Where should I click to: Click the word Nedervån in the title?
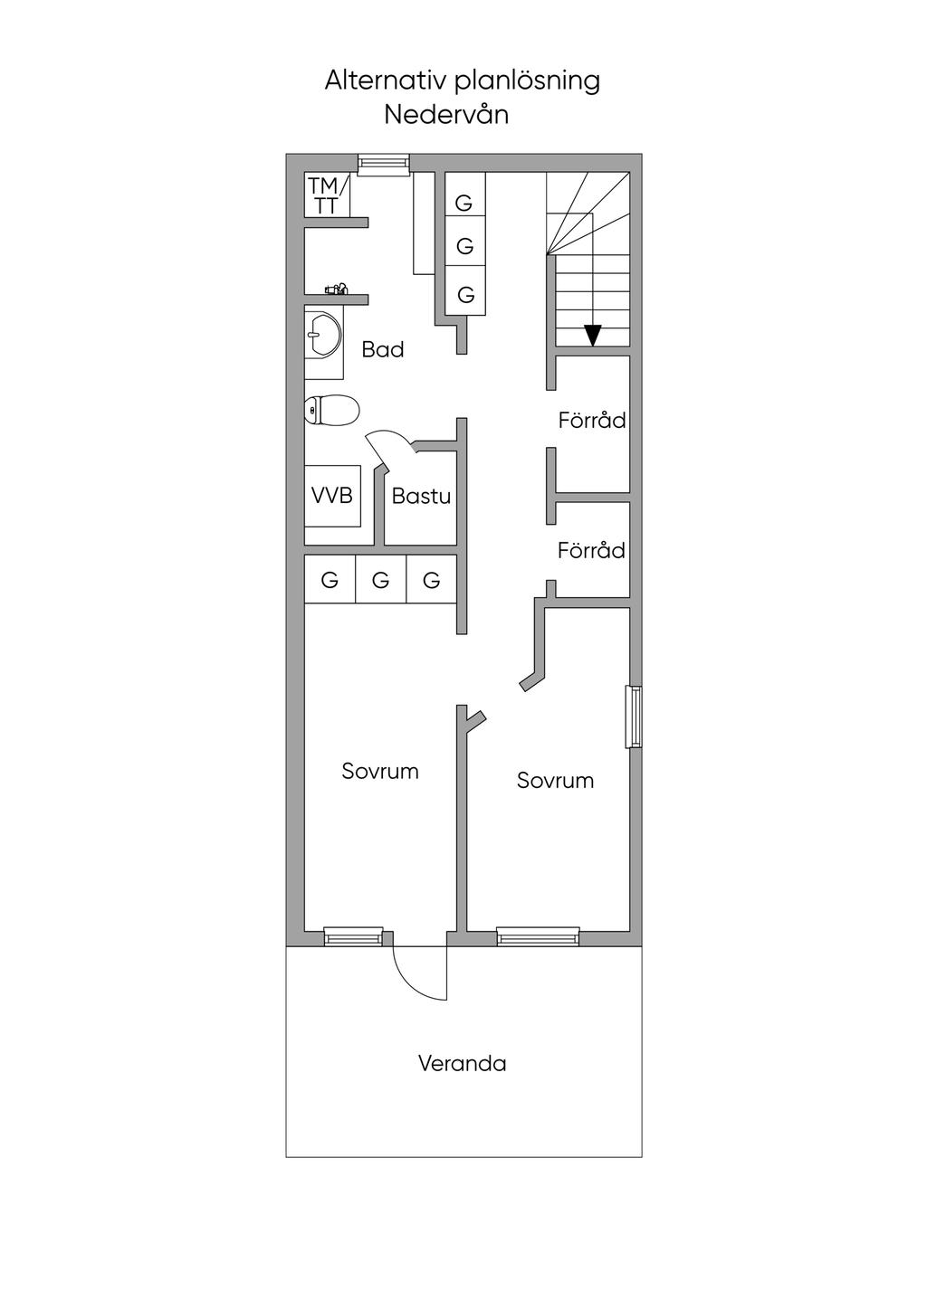pyautogui.click(x=446, y=115)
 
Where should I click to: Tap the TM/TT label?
pyautogui.click(x=324, y=195)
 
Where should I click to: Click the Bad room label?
pyautogui.click(x=383, y=350)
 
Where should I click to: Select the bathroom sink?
pyautogui.click(x=322, y=335)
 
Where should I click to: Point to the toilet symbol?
pyautogui.click(x=331, y=409)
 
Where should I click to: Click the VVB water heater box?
pyautogui.click(x=332, y=496)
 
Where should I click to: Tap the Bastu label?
pyautogui.click(x=421, y=497)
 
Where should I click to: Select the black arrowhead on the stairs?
pyautogui.click(x=593, y=335)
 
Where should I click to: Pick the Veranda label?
pyautogui.click(x=462, y=1063)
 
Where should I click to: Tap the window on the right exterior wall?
pyautogui.click(x=634, y=717)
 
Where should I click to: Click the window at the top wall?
pyautogui.click(x=384, y=165)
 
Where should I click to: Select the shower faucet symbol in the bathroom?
pyautogui.click(x=337, y=289)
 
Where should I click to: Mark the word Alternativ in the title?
pyautogui.click(x=387, y=81)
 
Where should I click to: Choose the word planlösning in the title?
pyautogui.click(x=527, y=81)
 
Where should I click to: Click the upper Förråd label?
pyautogui.click(x=592, y=420)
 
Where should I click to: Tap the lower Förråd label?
pyautogui.click(x=591, y=550)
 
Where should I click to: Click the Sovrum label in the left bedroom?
pyautogui.click(x=380, y=771)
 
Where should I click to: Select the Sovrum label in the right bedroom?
pyautogui.click(x=555, y=780)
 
